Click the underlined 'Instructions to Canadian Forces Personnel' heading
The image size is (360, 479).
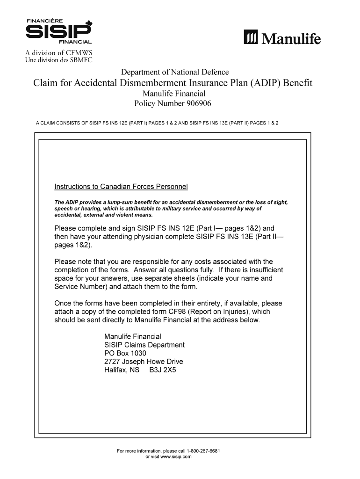pyautogui.click(x=121, y=187)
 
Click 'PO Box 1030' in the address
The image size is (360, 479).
pyautogui.click(x=125, y=353)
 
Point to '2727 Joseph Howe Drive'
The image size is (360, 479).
pyautogui.click(x=144, y=362)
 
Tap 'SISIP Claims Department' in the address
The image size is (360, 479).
pyautogui.click(x=144, y=345)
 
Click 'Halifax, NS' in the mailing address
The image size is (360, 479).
pyautogui.click(x=122, y=370)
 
